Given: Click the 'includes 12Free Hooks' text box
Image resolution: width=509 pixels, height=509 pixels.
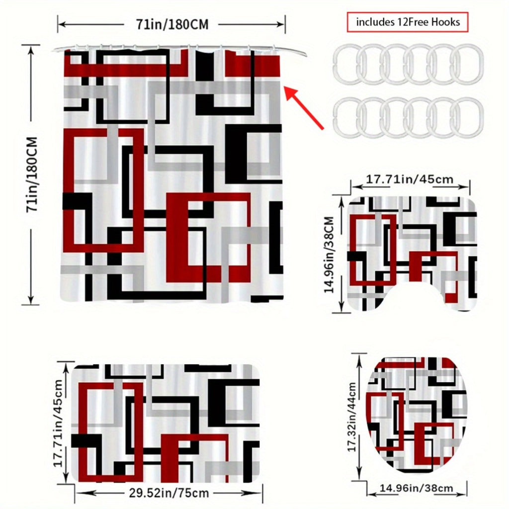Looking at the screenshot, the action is (x=408, y=22).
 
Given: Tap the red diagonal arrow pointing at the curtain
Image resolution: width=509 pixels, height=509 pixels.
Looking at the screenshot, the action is (x=305, y=108).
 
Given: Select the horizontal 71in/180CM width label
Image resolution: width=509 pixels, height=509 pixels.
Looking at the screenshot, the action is (x=172, y=24).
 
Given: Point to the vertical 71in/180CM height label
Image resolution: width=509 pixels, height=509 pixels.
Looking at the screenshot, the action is (x=32, y=174).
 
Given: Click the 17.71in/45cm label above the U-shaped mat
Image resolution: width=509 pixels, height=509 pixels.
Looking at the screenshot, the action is (x=410, y=179).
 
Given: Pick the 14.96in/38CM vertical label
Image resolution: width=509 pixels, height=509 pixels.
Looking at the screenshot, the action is (x=329, y=254).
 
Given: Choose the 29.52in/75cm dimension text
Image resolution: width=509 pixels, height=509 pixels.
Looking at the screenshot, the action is (x=169, y=493).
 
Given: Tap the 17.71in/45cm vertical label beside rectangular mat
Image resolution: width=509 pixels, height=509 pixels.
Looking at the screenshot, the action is (x=59, y=424).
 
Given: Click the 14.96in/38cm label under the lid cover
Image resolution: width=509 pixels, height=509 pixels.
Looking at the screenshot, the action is (x=417, y=488).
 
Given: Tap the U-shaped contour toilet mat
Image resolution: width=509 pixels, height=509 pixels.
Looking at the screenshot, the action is (x=412, y=253).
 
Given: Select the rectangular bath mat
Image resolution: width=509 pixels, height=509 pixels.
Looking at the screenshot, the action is (x=165, y=423).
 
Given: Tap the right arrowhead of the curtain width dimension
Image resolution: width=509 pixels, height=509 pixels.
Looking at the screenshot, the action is (x=280, y=24).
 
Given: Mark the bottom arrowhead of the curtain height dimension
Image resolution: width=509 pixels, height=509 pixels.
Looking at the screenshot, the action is (x=30, y=299).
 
